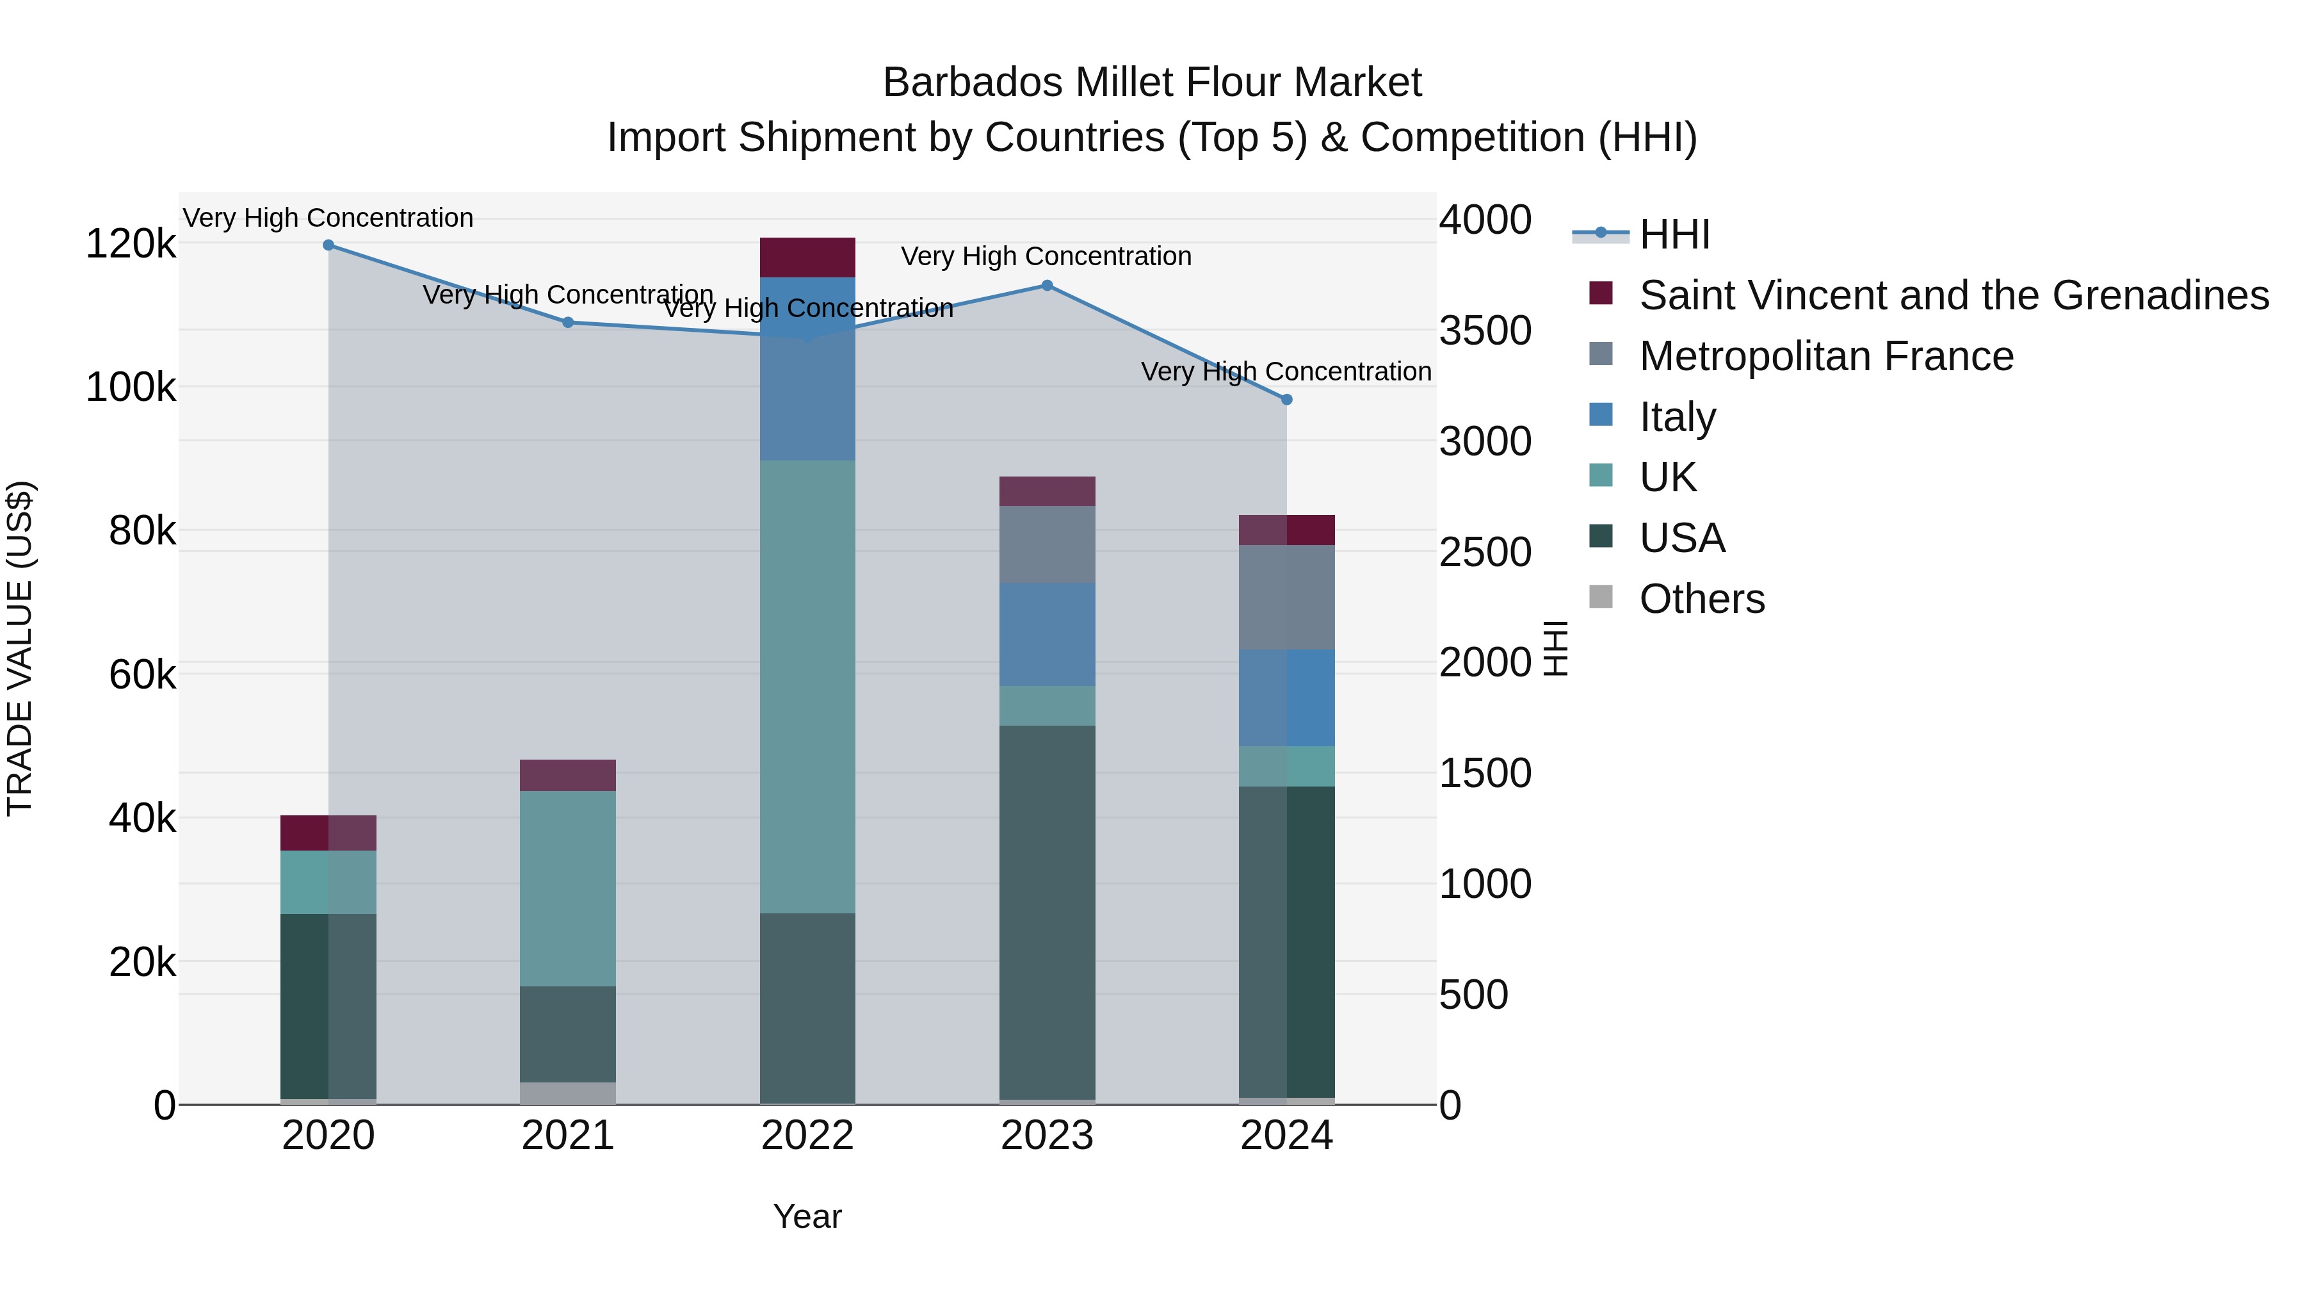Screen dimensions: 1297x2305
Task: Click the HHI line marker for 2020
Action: [x=328, y=245]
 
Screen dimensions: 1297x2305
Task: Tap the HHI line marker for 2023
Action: [x=1047, y=286]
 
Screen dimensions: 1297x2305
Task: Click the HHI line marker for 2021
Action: [x=568, y=322]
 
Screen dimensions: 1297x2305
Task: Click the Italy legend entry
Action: [x=1677, y=417]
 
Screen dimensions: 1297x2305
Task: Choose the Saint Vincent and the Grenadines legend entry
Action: [x=1953, y=295]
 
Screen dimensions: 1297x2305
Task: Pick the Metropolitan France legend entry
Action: [x=1825, y=356]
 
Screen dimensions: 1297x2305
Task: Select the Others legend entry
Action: [x=1701, y=599]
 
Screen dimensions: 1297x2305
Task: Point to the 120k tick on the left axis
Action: [x=131, y=243]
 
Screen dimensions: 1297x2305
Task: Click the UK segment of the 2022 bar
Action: [x=807, y=687]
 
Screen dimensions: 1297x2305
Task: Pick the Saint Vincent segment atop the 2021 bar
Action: [x=568, y=775]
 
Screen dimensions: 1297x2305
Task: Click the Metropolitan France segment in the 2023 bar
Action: [x=1047, y=544]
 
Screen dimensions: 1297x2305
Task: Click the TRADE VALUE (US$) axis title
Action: [x=20, y=648]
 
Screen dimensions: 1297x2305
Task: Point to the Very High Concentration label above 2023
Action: [x=1046, y=256]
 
